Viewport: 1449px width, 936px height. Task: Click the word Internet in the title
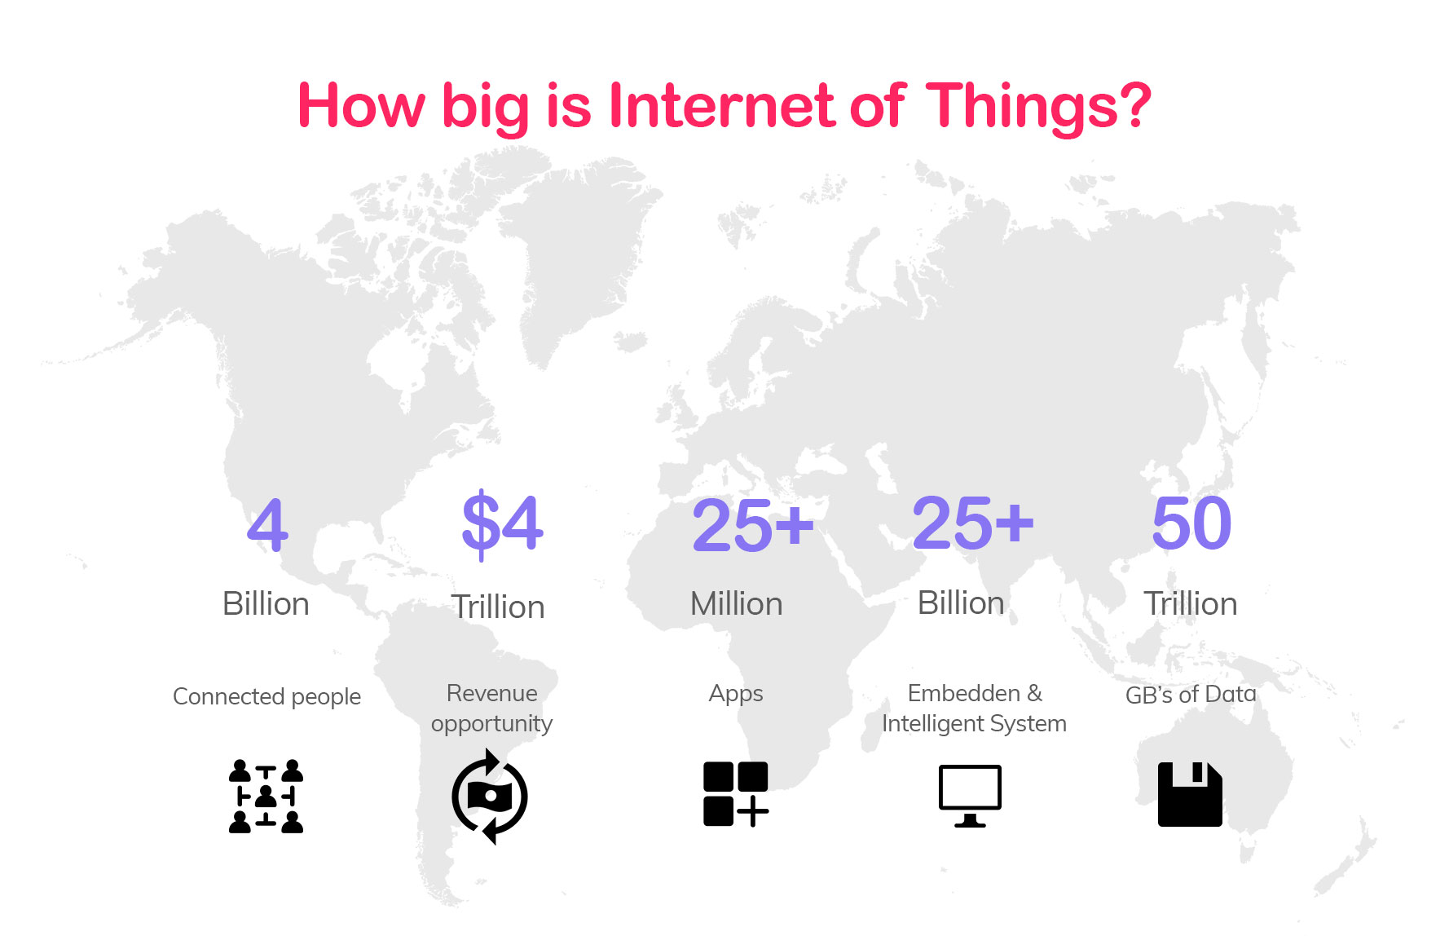tap(722, 106)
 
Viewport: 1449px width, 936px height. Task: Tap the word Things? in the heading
tap(1039, 108)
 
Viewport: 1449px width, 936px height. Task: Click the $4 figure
tap(502, 523)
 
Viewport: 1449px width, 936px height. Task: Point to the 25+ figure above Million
tap(753, 524)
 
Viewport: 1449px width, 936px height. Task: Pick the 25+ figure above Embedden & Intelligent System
tap(973, 523)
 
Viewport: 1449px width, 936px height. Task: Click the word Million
tap(737, 604)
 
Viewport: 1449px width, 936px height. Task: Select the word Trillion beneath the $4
tap(498, 607)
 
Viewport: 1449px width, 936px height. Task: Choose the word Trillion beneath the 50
tap(1191, 604)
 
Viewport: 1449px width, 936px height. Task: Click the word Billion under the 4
tap(266, 604)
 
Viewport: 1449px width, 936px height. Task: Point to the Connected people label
tap(267, 697)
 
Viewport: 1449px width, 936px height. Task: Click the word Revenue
tap(492, 693)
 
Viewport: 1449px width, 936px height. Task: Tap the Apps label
tap(736, 695)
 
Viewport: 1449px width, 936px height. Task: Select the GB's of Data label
tap(1191, 695)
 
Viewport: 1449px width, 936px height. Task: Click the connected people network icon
tap(266, 796)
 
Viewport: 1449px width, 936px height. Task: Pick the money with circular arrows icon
tap(490, 797)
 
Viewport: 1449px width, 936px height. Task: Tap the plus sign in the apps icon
tap(753, 811)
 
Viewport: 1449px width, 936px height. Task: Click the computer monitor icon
tap(970, 796)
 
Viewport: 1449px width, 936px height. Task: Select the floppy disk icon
tap(1190, 794)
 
